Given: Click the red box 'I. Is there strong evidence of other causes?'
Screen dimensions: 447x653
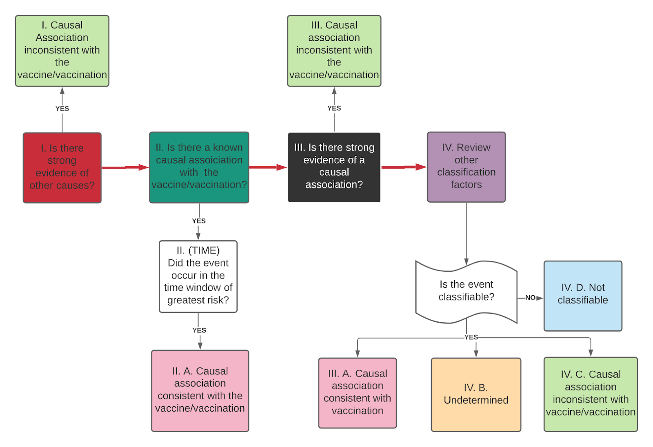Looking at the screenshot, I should point(62,168).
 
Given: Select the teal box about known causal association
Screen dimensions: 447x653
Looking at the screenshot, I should point(199,167).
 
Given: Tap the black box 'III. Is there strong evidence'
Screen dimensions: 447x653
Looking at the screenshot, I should point(334,167).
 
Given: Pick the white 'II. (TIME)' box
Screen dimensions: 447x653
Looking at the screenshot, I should point(198,277).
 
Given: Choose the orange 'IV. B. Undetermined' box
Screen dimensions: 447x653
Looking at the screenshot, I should point(476,394).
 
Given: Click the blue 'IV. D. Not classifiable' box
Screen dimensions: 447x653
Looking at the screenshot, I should point(582,296).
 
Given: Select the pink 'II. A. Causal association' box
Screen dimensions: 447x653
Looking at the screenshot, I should point(200,390).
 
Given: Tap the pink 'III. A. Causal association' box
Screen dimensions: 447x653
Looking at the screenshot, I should point(357,393).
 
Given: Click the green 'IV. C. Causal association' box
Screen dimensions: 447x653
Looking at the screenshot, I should point(590,394).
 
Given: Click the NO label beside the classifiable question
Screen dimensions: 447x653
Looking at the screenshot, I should point(530,298).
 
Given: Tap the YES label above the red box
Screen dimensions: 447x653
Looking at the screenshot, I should point(62,108).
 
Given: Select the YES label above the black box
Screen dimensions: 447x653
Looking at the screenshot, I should point(334,108).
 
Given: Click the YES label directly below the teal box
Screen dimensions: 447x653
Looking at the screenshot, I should point(199,221).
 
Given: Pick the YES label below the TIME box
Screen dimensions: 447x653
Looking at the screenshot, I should point(199,330).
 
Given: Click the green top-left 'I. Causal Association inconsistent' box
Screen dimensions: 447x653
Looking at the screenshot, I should point(62,51).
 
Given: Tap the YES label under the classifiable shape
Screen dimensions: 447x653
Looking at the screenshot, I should point(471,337).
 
